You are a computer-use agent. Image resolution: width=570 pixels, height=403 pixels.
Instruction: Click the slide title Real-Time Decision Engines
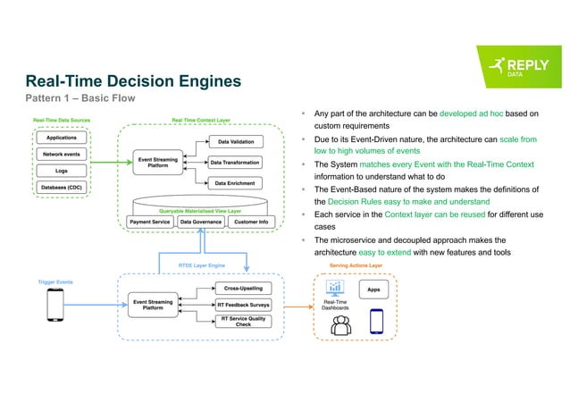pyautogui.click(x=132, y=81)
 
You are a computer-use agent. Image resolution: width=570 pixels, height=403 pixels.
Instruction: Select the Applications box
pyautogui.click(x=61, y=138)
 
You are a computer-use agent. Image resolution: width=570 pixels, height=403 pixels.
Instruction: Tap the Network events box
pyautogui.click(x=61, y=154)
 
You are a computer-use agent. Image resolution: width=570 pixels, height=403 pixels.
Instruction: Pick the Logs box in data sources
pyautogui.click(x=61, y=170)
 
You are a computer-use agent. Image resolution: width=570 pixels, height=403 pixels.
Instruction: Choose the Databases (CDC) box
pyautogui.click(x=61, y=187)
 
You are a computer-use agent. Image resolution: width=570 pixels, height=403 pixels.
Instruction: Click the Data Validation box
pyautogui.click(x=236, y=141)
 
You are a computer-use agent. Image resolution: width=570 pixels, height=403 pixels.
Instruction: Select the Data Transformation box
pyautogui.click(x=235, y=163)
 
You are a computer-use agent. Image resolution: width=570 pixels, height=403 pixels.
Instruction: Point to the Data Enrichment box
pyautogui.click(x=236, y=183)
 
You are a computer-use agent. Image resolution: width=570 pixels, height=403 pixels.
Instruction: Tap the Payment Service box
pyautogui.click(x=149, y=221)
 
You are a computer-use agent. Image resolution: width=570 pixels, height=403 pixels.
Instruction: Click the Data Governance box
pyautogui.click(x=203, y=221)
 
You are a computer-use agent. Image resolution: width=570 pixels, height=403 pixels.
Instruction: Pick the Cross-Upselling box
pyautogui.click(x=242, y=289)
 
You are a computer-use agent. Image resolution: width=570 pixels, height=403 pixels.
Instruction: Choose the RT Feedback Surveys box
pyautogui.click(x=242, y=305)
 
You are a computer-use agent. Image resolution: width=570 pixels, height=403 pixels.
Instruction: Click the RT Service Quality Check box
pyautogui.click(x=242, y=323)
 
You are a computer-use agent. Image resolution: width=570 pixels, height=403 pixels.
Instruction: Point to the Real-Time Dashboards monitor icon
pyautogui.click(x=336, y=288)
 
